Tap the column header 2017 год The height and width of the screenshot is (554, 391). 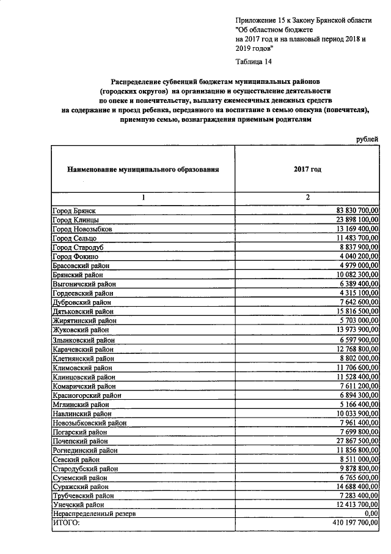[x=307, y=168]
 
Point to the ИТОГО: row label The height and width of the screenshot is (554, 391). [x=67, y=523]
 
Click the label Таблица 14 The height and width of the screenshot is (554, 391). [x=254, y=61]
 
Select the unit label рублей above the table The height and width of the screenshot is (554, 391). [x=367, y=140]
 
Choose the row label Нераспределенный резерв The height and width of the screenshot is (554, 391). [x=94, y=514]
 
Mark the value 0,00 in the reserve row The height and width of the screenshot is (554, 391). [x=371, y=514]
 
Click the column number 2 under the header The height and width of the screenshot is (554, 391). [x=307, y=197]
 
